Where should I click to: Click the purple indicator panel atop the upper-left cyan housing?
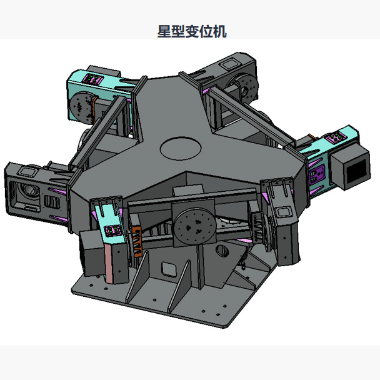pyautogui.click(x=96, y=79)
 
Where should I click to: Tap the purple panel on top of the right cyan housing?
pyautogui.click(x=336, y=136)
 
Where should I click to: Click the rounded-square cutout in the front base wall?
pyautogui.click(x=167, y=269)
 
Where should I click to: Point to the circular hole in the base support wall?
pyautogui.click(x=222, y=251)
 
